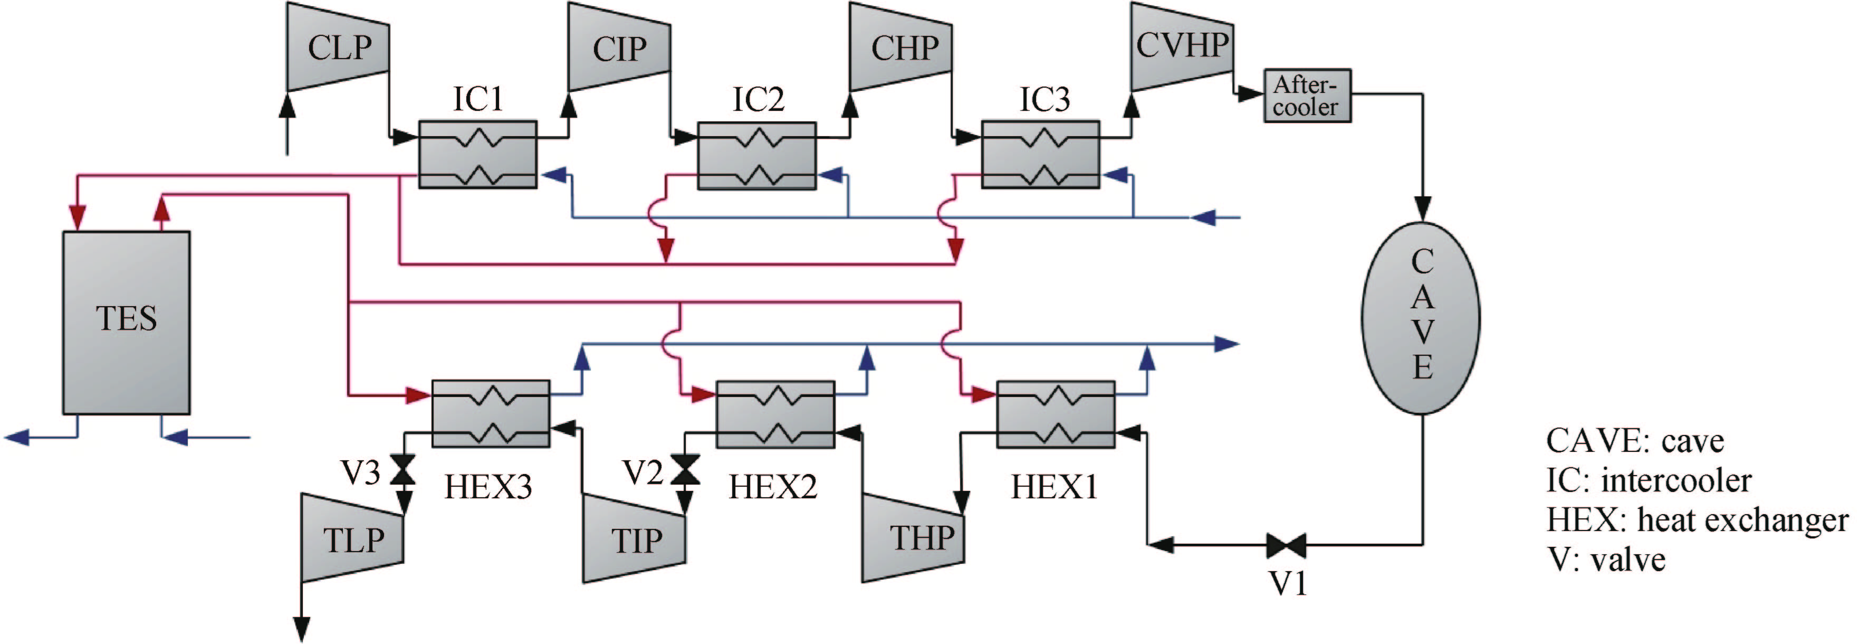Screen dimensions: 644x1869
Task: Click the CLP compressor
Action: click(338, 48)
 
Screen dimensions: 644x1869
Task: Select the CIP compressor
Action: click(619, 48)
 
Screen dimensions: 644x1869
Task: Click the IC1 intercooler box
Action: click(477, 155)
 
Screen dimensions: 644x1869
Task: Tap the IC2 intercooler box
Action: click(757, 155)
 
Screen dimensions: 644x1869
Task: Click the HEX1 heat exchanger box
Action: click(1056, 414)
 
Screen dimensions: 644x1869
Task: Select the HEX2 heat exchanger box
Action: click(775, 414)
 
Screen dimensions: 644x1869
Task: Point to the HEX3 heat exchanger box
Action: click(491, 414)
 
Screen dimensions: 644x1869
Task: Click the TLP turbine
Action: click(352, 538)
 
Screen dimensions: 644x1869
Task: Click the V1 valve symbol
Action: click(1287, 545)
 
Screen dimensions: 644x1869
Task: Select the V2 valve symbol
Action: click(684, 470)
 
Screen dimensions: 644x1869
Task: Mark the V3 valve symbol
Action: click(402, 470)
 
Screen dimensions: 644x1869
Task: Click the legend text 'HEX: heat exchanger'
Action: click(1697, 520)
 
